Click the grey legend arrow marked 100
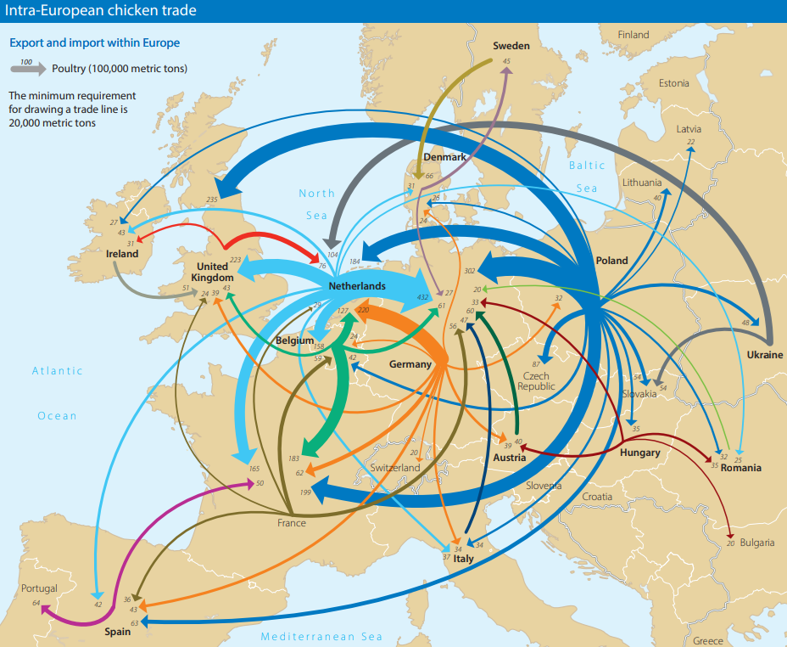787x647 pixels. pyautogui.click(x=27, y=68)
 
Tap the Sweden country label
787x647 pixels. pyautogui.click(x=511, y=46)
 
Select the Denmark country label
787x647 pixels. pyautogui.click(x=444, y=157)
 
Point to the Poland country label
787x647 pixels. pyautogui.click(x=611, y=261)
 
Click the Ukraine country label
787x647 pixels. pyautogui.click(x=765, y=355)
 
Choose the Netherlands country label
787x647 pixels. pyautogui.click(x=356, y=286)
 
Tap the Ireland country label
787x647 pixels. pyautogui.click(x=122, y=254)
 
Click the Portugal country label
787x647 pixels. pyautogui.click(x=40, y=588)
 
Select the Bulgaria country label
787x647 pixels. pyautogui.click(x=756, y=543)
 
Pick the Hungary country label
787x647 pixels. pyautogui.click(x=639, y=453)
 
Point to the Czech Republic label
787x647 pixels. pyautogui.click(x=535, y=381)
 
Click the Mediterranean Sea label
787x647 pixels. pyautogui.click(x=321, y=637)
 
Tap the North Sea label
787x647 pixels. pyautogui.click(x=316, y=204)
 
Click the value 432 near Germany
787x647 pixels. pyautogui.click(x=423, y=297)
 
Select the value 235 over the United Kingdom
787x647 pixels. pyautogui.click(x=212, y=200)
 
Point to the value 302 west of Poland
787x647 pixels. pyautogui.click(x=470, y=270)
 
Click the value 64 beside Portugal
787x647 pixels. pyautogui.click(x=36, y=603)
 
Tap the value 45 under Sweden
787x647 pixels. pyautogui.click(x=506, y=62)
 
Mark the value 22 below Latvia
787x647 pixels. pyautogui.click(x=690, y=142)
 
